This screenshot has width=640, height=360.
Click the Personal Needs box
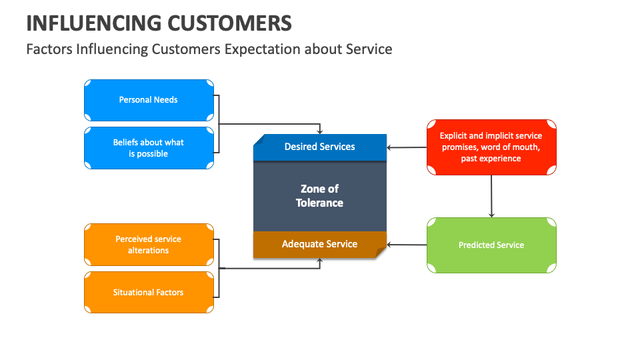pos(149,100)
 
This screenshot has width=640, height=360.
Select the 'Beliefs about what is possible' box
pos(149,148)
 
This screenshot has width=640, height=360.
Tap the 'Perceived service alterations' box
pos(149,245)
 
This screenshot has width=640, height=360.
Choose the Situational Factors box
pos(149,292)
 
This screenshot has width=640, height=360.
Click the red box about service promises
pos(491,147)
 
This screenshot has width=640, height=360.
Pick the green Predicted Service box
pos(491,245)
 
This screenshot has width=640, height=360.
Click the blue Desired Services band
pos(320,147)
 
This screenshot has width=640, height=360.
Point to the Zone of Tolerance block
pos(320,197)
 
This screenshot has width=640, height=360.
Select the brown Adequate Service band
pos(320,245)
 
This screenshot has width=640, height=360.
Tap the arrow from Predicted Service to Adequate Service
pos(407,245)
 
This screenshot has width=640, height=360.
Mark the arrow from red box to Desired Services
pos(407,147)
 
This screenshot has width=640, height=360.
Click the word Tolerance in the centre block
pos(320,203)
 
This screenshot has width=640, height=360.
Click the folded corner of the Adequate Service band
pos(381,252)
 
